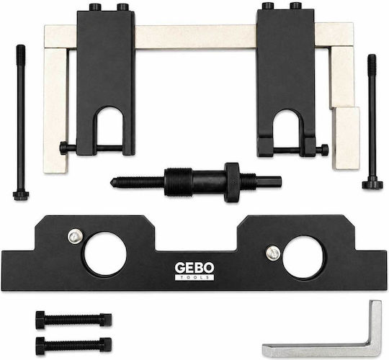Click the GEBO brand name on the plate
click(194, 268)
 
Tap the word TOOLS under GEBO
click(194, 277)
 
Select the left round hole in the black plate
click(105, 253)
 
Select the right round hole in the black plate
click(303, 257)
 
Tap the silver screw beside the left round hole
click(75, 236)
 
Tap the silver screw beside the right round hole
click(273, 253)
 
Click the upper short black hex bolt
click(73, 320)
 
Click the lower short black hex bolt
click(73, 346)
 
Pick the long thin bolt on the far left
click(21, 122)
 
